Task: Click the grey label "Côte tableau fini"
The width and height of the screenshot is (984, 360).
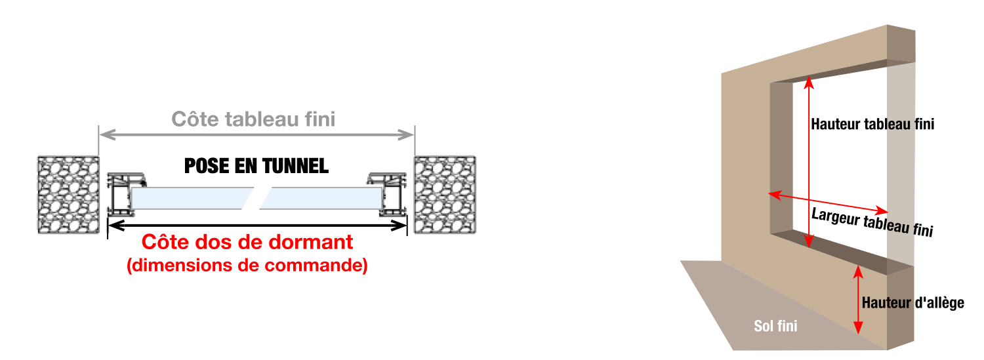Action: point(253,119)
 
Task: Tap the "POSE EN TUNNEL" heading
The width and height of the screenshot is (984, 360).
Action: point(256,166)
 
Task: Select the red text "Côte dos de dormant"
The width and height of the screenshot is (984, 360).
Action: point(247,242)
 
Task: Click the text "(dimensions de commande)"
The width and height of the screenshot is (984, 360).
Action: point(247,266)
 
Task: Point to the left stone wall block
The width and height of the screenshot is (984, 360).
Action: point(68,195)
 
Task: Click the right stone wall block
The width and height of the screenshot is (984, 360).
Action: point(445,195)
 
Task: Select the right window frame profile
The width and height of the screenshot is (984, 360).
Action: point(387,195)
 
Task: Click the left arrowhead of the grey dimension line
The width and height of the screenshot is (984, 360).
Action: point(107,135)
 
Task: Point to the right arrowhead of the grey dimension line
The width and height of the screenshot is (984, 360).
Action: point(406,135)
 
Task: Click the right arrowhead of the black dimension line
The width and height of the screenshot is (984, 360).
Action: point(399,226)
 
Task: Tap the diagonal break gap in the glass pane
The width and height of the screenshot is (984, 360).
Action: point(257,199)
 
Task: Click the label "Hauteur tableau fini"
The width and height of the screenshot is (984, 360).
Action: point(872,124)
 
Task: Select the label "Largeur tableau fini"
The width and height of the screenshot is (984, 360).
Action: point(872,222)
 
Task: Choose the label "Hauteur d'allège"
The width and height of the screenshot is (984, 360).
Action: point(913,303)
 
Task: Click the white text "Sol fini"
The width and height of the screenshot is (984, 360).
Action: point(775,326)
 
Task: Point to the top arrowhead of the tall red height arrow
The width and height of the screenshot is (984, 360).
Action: point(809,82)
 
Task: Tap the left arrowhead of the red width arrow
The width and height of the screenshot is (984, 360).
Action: point(774,195)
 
